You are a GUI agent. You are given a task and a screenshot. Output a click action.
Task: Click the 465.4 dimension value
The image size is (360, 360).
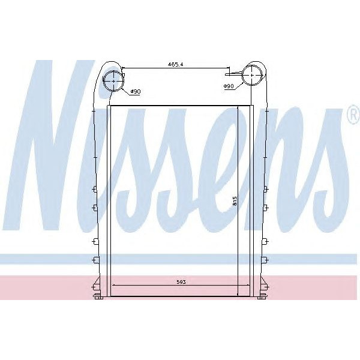(x=175, y=64)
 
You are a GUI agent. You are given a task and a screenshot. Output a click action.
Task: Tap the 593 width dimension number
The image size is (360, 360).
(x=181, y=282)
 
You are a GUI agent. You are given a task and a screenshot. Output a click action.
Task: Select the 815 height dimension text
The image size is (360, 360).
(x=235, y=201)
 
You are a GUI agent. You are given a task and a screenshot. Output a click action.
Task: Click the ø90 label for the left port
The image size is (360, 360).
(x=136, y=92)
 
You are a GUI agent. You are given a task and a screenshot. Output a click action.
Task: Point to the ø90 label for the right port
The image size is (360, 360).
(x=229, y=86)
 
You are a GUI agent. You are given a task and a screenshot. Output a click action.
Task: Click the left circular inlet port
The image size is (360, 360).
(x=113, y=81)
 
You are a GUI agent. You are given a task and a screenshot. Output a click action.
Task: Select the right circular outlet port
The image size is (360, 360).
(x=252, y=75)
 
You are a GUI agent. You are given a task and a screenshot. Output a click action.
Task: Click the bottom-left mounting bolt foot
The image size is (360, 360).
(x=97, y=298)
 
